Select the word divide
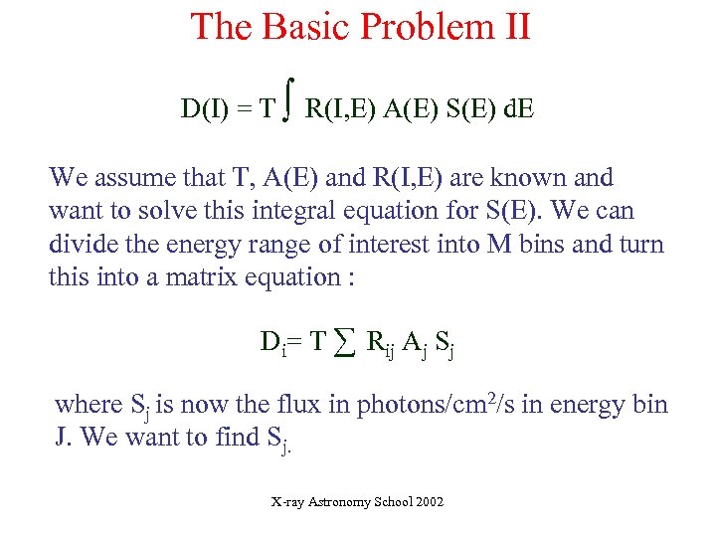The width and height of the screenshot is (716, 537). click(x=84, y=245)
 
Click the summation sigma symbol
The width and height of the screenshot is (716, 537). click(x=344, y=343)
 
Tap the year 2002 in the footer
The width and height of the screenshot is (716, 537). click(x=428, y=503)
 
